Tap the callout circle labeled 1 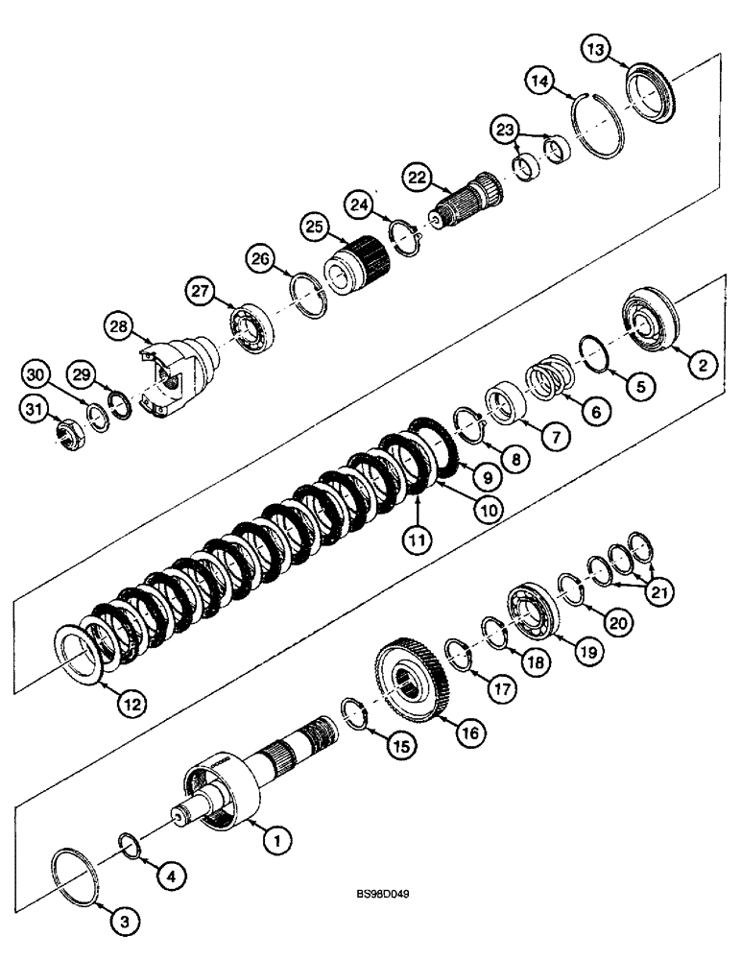click(277, 842)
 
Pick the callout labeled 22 click(416, 177)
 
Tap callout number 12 click(133, 703)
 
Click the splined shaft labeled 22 click(466, 204)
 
